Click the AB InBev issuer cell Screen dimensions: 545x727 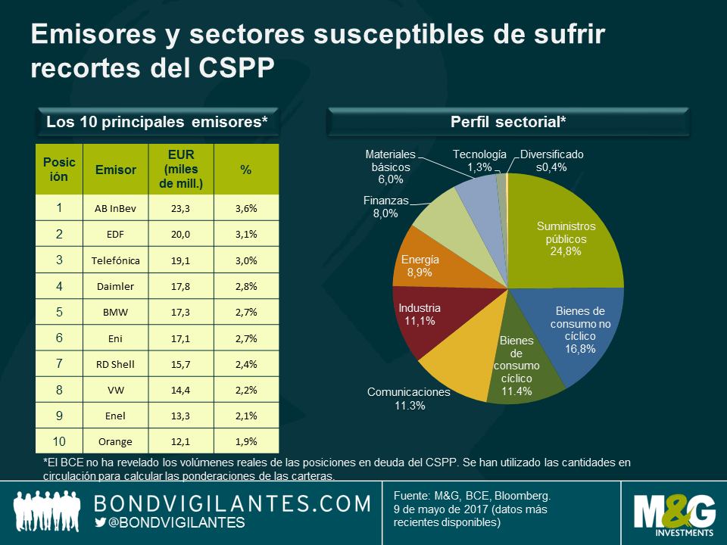coord(116,208)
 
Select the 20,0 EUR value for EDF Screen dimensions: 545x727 coord(180,234)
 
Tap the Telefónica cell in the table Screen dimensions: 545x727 coord(116,260)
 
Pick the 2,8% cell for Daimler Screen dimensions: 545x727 coord(246,286)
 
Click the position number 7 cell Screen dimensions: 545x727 coord(59,363)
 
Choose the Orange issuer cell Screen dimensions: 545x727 coord(116,441)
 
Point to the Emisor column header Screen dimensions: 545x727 coord(116,170)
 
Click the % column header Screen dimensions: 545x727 coord(246,170)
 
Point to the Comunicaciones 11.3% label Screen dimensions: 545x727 coord(409,399)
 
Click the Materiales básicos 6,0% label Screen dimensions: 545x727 coord(390,167)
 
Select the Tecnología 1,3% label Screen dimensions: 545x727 coord(479,160)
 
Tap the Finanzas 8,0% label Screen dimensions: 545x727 coord(385,207)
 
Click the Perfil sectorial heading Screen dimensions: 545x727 coord(508,122)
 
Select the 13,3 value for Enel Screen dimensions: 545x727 coord(180,416)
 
